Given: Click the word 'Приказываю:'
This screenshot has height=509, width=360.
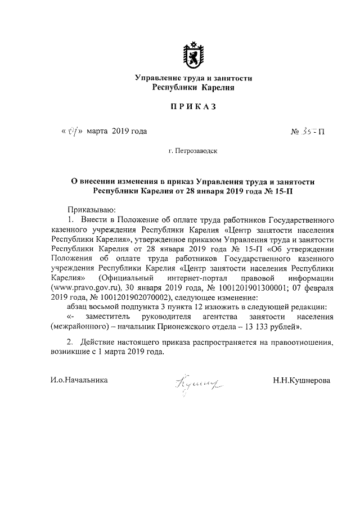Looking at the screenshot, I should click(x=91, y=209).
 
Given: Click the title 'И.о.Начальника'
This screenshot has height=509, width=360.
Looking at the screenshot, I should click(x=78, y=380).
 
